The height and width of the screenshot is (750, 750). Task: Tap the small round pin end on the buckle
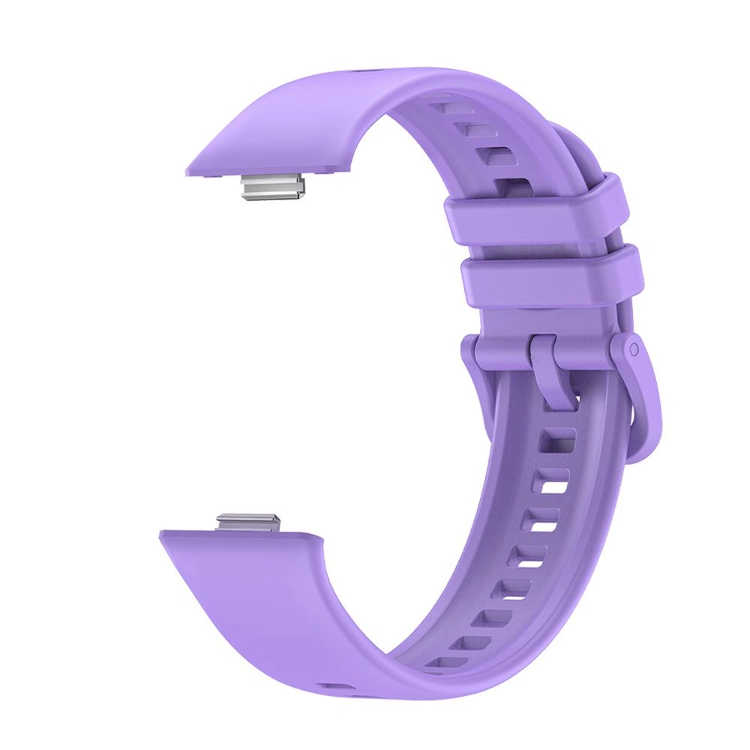point(634,349)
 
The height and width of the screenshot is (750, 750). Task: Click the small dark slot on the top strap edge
point(365,73)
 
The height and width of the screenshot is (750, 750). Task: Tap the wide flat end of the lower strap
point(255,592)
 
